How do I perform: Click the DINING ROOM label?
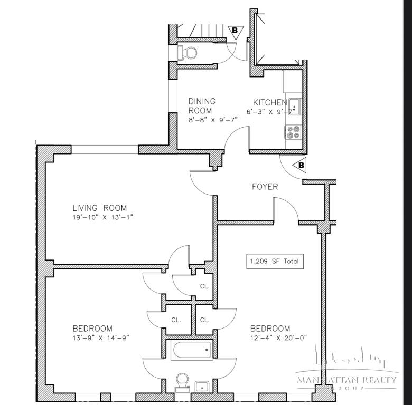202,106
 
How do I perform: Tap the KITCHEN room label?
269,102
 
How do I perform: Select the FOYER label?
265,187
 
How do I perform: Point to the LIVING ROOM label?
100,208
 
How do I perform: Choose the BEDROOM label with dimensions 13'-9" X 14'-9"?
92,328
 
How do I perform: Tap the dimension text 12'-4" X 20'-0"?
278,337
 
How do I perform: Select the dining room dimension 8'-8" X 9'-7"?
213,120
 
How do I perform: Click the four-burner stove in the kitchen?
293,132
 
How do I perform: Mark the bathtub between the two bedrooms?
192,350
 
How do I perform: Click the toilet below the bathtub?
183,381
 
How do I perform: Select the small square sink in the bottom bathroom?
201,387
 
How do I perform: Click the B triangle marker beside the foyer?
300,165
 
